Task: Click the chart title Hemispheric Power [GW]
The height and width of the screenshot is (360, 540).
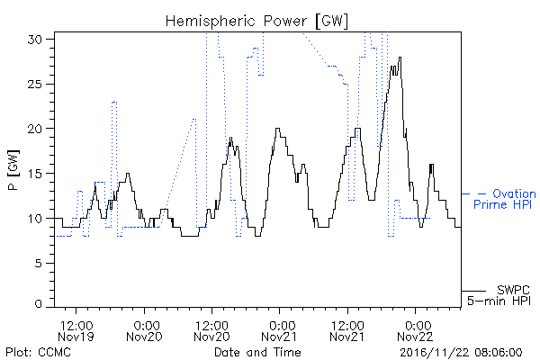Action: (256, 22)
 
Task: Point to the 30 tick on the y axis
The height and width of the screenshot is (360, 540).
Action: (35, 40)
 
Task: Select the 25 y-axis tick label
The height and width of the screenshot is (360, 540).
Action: (35, 84)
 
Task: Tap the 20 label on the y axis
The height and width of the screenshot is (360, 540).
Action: (35, 129)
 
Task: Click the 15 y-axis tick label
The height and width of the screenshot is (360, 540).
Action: (35, 174)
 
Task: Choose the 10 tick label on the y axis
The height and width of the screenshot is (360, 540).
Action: (35, 219)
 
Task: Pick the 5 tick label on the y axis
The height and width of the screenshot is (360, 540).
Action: (39, 263)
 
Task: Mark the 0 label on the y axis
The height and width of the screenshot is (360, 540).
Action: (39, 304)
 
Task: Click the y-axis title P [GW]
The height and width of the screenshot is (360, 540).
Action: (13, 170)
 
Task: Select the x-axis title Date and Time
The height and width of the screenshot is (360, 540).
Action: (257, 352)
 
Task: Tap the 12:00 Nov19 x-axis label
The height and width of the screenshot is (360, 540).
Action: (76, 330)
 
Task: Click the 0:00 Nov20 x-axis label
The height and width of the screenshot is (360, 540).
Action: (144, 330)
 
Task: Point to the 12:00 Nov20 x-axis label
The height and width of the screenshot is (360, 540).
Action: (211, 330)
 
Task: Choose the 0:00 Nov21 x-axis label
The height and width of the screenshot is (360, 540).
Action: (279, 330)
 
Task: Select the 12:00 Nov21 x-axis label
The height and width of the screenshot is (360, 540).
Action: (347, 330)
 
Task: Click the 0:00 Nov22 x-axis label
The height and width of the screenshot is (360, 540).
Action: (415, 330)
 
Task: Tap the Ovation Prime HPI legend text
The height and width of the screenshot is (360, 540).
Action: (505, 199)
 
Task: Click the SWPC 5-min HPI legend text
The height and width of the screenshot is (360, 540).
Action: (499, 295)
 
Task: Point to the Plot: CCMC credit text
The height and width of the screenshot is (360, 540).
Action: (38, 352)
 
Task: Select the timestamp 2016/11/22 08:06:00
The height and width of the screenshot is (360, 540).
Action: (461, 353)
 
